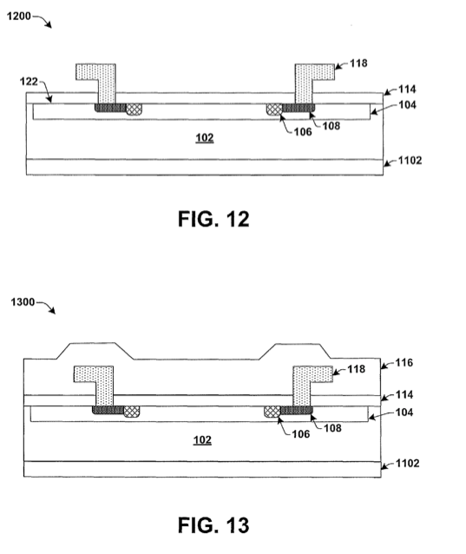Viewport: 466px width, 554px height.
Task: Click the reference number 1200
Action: (x=19, y=16)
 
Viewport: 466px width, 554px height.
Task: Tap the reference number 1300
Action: (x=23, y=302)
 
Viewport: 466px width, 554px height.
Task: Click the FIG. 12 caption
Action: (x=213, y=219)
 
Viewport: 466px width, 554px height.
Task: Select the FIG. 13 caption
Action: (x=213, y=525)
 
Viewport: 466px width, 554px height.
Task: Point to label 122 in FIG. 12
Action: (x=29, y=82)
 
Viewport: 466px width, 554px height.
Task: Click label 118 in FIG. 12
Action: (x=358, y=63)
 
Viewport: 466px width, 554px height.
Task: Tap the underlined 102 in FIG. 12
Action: (x=205, y=137)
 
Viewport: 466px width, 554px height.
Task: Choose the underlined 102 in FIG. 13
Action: (x=202, y=440)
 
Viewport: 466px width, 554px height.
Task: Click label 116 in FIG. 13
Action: (x=404, y=362)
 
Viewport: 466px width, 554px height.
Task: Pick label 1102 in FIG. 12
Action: (x=410, y=161)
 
